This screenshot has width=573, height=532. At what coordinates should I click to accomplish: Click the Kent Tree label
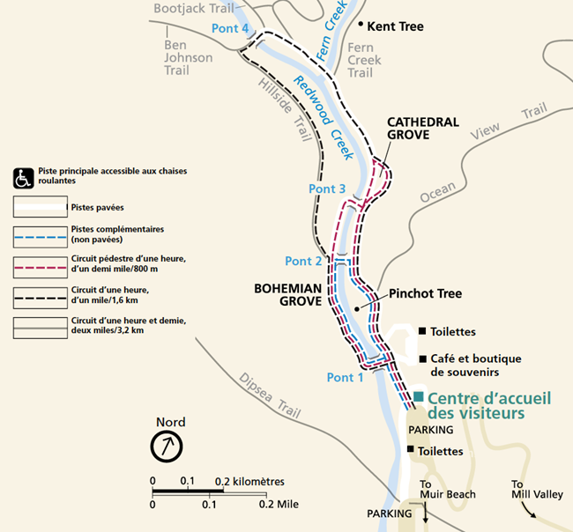point(395,26)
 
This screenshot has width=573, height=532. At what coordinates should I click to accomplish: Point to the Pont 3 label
point(327,188)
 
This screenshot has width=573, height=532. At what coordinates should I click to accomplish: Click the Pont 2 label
point(303,261)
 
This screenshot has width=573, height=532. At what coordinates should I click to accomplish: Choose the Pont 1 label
point(345,377)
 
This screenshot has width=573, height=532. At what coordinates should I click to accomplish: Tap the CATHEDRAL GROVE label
point(422,129)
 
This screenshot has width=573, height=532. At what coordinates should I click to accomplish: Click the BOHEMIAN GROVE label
point(289,294)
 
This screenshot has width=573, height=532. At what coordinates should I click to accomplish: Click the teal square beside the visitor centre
point(420,397)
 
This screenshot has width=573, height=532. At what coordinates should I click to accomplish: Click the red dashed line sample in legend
point(41,265)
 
